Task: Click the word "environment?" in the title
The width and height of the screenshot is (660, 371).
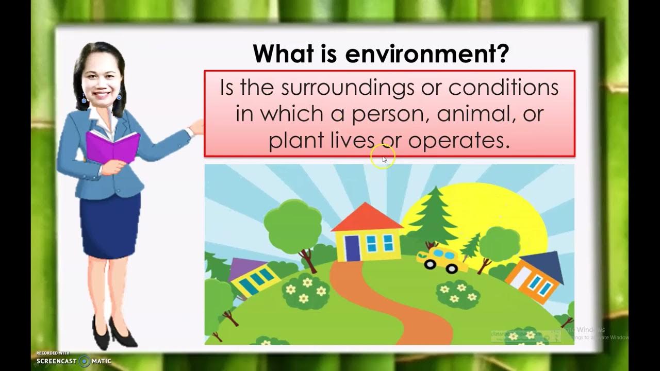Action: coord(427,54)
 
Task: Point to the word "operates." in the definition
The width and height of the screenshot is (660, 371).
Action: coord(459,140)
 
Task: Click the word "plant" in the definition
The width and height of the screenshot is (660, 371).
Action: coord(296,140)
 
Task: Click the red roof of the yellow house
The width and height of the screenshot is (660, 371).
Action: coord(367,218)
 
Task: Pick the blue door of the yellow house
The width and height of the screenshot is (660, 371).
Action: coord(352,248)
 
